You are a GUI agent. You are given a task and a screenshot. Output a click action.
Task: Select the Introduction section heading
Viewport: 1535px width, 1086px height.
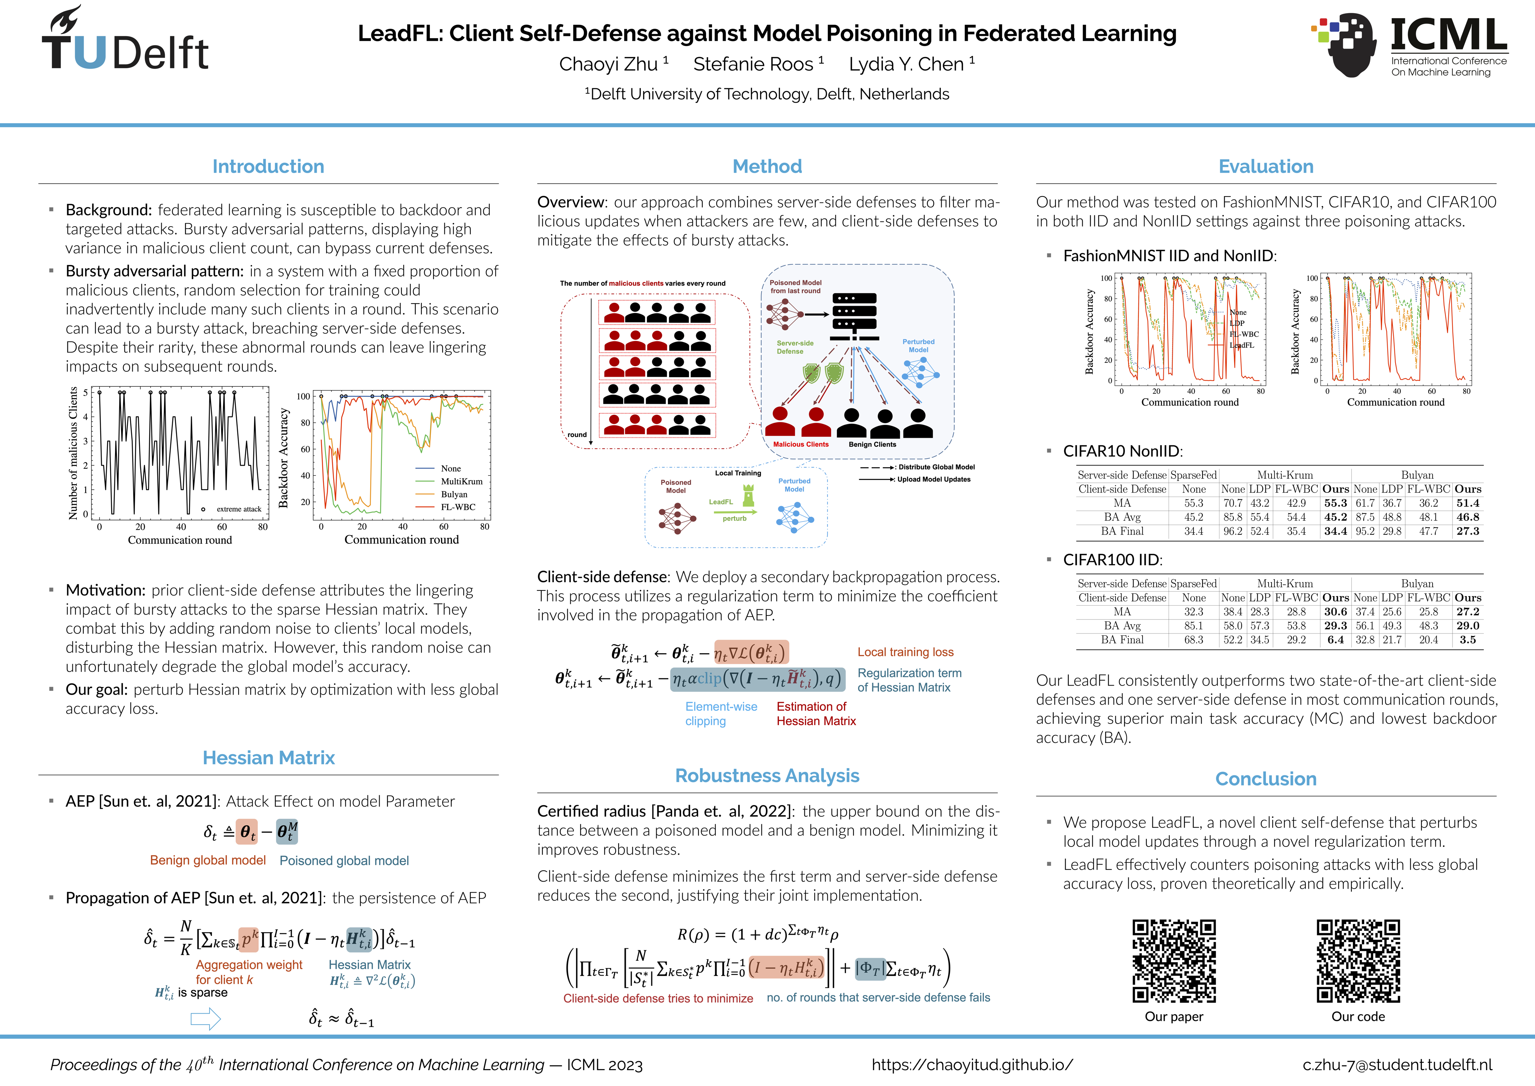tap(268, 167)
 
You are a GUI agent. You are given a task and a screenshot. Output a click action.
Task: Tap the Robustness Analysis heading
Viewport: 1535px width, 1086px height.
tap(767, 776)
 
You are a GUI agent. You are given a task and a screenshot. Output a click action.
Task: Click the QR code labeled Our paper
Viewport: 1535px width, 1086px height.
tap(1173, 961)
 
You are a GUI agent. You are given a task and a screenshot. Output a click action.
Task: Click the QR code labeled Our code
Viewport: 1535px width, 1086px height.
tap(1358, 961)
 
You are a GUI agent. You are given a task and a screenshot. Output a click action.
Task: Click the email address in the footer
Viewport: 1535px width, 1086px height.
tap(1397, 1065)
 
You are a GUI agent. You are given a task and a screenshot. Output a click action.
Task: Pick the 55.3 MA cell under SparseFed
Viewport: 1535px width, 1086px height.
tap(1193, 503)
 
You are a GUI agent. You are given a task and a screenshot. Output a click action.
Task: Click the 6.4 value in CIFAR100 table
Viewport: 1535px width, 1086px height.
tap(1335, 640)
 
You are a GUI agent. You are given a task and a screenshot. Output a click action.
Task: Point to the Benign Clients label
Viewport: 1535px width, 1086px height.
tap(872, 444)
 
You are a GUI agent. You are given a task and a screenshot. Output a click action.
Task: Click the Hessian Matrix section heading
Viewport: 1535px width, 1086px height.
tap(268, 758)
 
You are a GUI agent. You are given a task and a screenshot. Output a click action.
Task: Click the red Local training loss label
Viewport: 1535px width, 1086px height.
tap(905, 652)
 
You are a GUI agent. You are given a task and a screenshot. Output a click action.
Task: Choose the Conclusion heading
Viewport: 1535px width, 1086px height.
tap(1265, 779)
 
